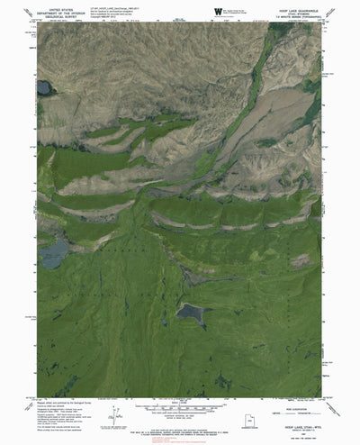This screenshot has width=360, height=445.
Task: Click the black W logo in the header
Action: pos(218,11)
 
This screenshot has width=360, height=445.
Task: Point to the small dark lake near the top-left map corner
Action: pos(43,87)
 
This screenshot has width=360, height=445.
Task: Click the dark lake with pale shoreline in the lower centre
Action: pos(191,312)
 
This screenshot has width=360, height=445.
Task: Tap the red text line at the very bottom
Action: pos(180,439)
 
